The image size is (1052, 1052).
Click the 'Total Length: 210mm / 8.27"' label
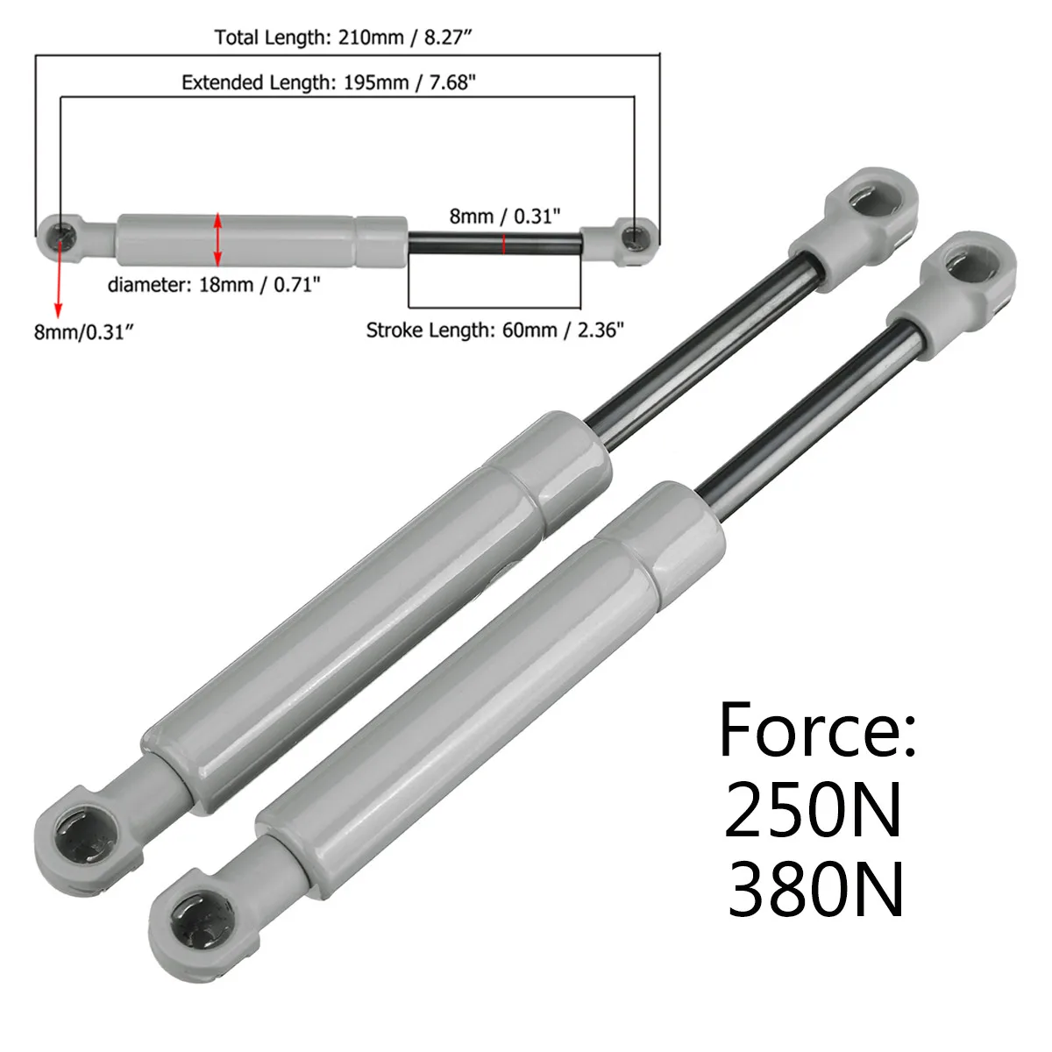pyautogui.click(x=349, y=38)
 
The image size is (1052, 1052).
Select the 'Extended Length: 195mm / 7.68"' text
pyautogui.click(x=329, y=82)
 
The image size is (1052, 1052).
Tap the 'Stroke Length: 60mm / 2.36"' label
pyautogui.click(x=494, y=331)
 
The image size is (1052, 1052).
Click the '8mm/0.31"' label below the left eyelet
pyautogui.click(x=83, y=331)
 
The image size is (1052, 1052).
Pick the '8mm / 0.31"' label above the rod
pyautogui.click(x=504, y=216)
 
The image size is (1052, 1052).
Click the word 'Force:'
pyautogui.click(x=817, y=730)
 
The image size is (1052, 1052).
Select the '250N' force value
pyautogui.click(x=813, y=811)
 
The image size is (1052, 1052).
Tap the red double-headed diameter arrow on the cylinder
pyautogui.click(x=218, y=239)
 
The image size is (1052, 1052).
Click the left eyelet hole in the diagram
pyautogui.click(x=61, y=234)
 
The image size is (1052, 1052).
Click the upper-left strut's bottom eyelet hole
pyautogui.click(x=81, y=828)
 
